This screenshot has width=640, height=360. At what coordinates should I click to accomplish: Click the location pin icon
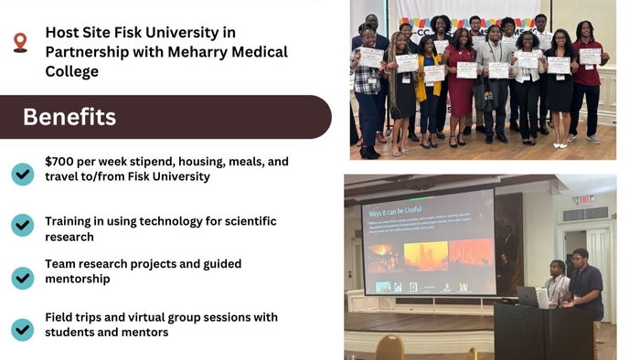20,43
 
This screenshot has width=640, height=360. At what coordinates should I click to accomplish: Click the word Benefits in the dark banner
69,117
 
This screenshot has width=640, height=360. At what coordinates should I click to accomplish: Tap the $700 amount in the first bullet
62,162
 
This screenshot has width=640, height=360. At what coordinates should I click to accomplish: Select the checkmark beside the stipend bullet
22,172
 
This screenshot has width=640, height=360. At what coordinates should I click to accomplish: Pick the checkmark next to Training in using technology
22,226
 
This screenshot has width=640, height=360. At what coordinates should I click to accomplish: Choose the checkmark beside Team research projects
22,276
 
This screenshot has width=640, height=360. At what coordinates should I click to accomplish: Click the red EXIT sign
581,199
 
